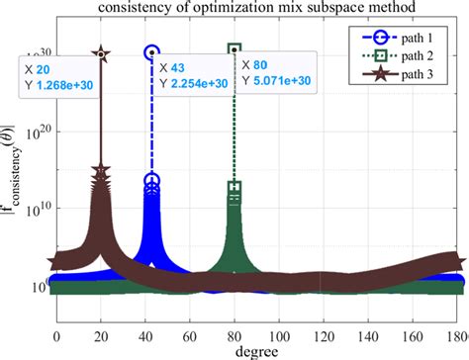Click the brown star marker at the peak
(100, 53)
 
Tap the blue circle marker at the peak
(151, 51)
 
